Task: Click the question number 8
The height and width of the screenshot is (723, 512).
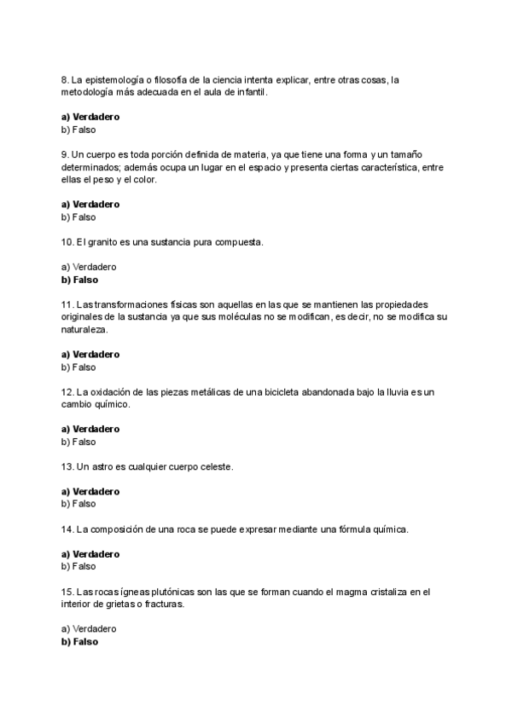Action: pyautogui.click(x=65, y=80)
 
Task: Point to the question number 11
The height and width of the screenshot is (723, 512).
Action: pyautogui.click(x=67, y=304)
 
